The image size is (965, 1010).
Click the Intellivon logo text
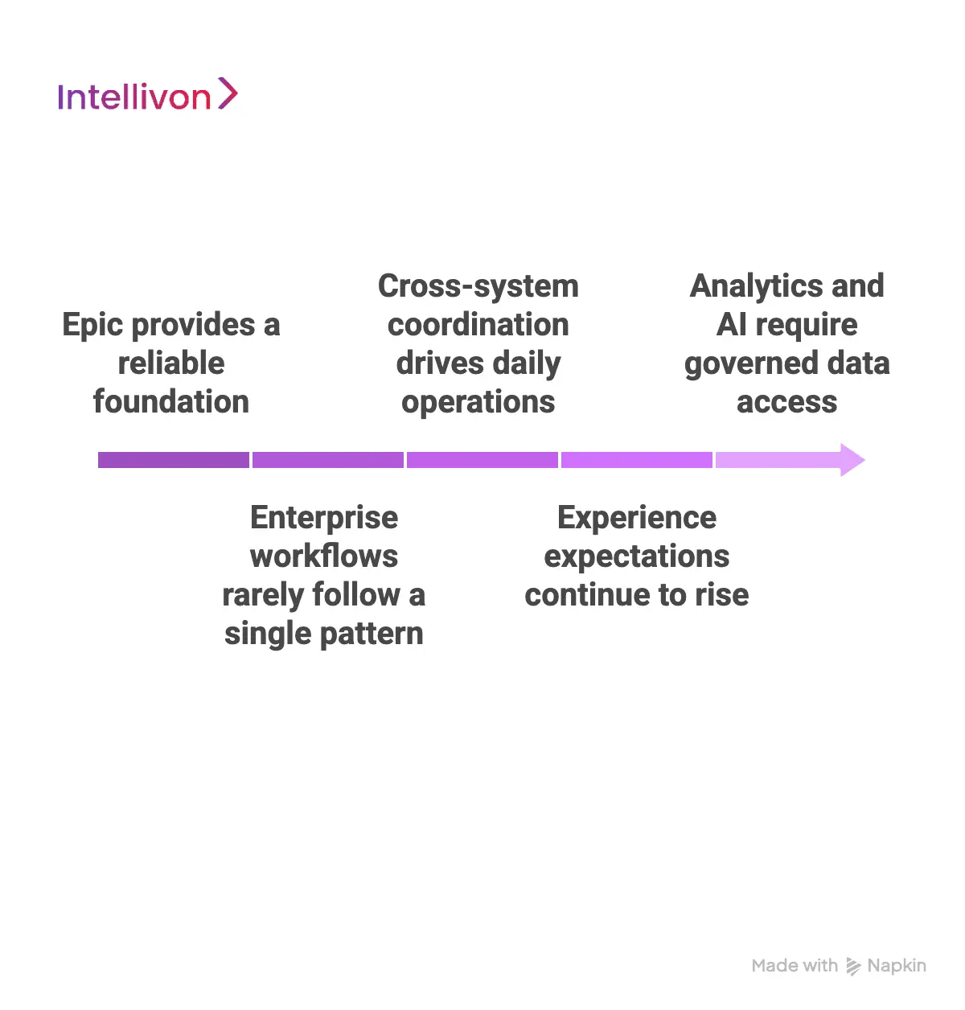[x=133, y=97]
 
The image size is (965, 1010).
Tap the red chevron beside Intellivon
[x=228, y=93]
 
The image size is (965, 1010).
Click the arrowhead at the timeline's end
[x=851, y=460]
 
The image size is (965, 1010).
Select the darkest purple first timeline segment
[x=173, y=460]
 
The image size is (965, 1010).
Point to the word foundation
[x=171, y=401]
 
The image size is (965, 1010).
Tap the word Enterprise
[x=324, y=517]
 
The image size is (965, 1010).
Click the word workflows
[x=324, y=556]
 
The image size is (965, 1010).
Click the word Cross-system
[x=478, y=286]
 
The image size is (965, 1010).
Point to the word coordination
[x=478, y=325]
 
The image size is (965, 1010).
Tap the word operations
[x=478, y=401]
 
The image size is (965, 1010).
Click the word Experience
[x=637, y=517]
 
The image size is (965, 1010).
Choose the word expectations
[x=637, y=556]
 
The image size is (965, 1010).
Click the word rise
[x=721, y=595]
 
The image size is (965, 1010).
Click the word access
[x=787, y=401]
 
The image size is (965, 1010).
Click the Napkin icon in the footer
[x=853, y=966]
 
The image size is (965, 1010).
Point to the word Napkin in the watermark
[x=897, y=966]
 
